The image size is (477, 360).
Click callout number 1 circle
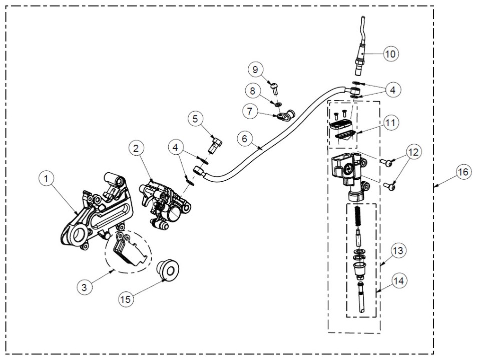[46, 179]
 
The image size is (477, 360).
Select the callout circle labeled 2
[136, 148]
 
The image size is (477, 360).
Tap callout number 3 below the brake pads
[84, 287]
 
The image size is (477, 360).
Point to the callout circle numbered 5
[195, 119]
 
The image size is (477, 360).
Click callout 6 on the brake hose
[245, 139]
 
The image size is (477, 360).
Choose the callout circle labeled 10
[390, 54]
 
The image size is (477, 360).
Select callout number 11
[390, 123]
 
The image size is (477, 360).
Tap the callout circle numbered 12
[414, 152]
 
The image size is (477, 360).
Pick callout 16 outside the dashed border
[463, 172]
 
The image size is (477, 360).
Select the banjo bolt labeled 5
[215, 145]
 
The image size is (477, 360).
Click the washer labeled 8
[277, 104]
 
